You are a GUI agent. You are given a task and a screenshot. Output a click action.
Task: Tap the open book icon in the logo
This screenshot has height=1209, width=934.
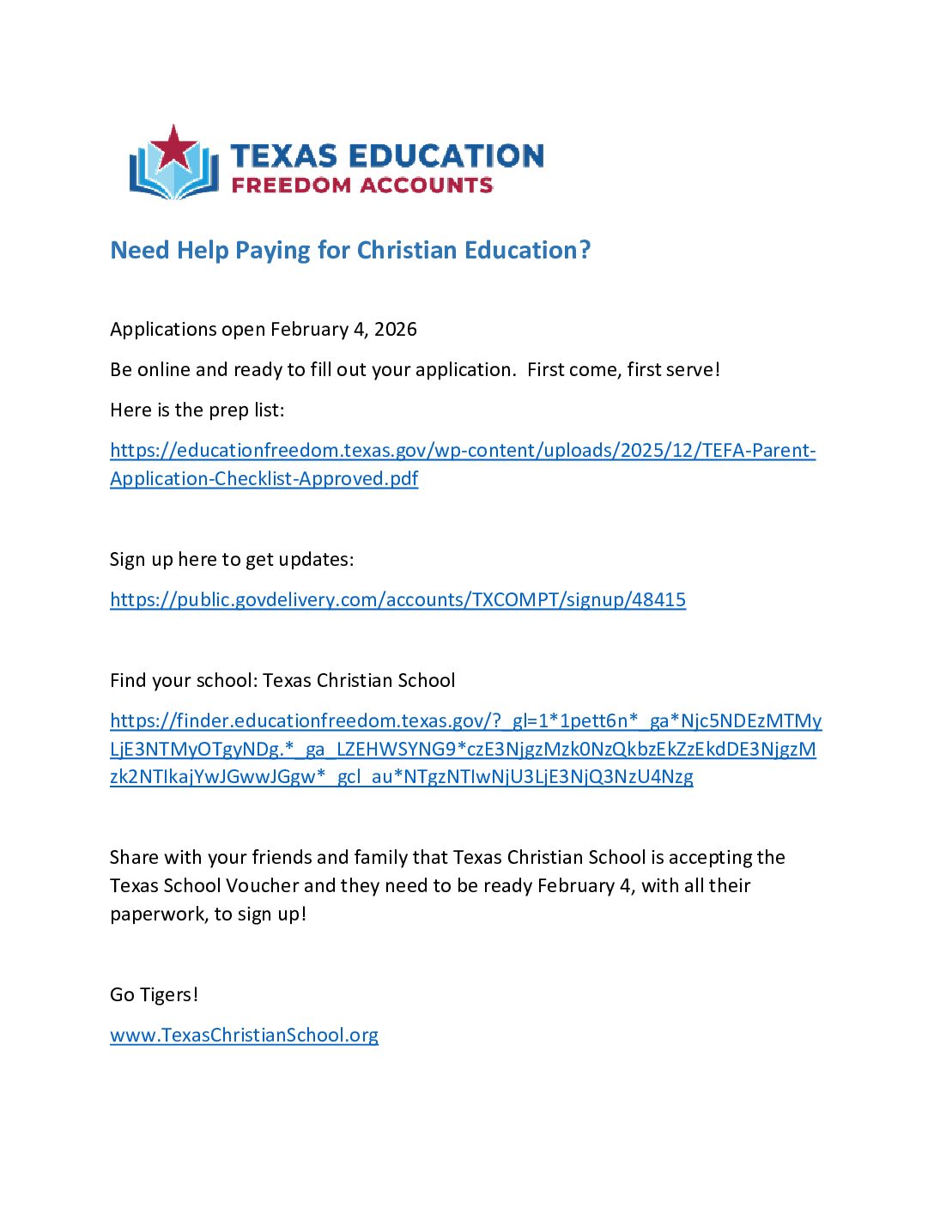tap(173, 175)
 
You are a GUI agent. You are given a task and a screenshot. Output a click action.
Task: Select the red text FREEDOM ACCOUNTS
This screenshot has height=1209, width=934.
tap(362, 185)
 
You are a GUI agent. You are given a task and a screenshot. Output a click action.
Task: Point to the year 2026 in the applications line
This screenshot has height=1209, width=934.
tap(396, 330)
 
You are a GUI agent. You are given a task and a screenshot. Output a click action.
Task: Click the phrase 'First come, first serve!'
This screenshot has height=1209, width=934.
tap(623, 370)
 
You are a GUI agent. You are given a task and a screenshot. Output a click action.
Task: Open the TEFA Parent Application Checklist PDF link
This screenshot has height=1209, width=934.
tap(462, 452)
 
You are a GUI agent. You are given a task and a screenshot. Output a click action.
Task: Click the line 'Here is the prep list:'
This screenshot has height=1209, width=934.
tap(197, 410)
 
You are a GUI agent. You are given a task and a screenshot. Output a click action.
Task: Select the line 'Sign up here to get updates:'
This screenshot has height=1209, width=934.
tap(232, 560)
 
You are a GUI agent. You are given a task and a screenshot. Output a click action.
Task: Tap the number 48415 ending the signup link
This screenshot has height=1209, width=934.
tap(658, 600)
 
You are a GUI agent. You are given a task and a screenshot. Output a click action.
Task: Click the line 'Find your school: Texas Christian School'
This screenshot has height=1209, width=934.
tap(282, 681)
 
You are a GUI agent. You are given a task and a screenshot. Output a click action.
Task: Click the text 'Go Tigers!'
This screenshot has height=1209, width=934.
tap(154, 995)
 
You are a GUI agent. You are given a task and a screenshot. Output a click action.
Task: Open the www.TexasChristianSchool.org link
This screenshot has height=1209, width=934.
tap(244, 1036)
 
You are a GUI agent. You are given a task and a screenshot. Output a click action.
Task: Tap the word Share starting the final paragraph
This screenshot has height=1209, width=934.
tap(133, 858)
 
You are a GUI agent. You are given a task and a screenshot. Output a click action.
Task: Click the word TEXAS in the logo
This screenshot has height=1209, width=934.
tap(283, 155)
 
